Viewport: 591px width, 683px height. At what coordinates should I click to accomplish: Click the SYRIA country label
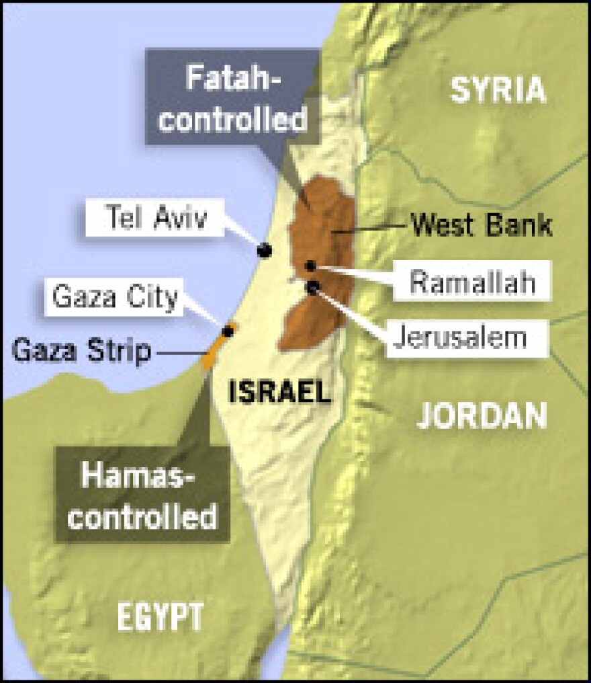[498, 90]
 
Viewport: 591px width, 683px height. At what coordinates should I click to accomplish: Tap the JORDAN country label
[482, 415]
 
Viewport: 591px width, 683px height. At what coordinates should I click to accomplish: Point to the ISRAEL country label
[280, 391]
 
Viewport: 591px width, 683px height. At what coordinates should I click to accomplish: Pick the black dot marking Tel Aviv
[265, 250]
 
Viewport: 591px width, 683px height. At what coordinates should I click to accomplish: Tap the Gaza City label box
[116, 297]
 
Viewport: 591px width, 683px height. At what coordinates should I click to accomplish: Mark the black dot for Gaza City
[228, 331]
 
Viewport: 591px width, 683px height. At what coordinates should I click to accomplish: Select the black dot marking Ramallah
[310, 266]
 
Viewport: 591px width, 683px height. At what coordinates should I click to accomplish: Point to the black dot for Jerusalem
[313, 288]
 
